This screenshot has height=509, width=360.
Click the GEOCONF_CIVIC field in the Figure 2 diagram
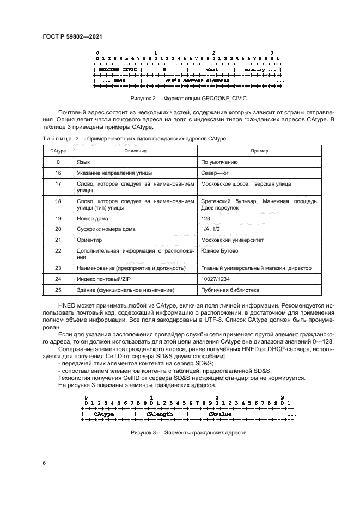[117, 70]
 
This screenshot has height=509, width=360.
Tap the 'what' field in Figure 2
[212, 70]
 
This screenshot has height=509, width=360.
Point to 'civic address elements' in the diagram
[197, 80]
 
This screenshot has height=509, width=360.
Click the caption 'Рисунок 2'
[187, 99]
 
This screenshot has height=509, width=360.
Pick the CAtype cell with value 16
[58, 173]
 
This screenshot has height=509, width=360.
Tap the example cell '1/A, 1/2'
[211, 229]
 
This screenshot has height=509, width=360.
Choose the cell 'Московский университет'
[232, 240]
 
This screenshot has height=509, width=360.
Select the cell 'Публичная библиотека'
[230, 290]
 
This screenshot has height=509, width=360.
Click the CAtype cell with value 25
[58, 290]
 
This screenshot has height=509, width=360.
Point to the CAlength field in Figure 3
[160, 414]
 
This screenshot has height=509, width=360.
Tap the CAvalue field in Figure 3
[220, 414]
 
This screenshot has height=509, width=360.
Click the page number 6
[44, 462]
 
